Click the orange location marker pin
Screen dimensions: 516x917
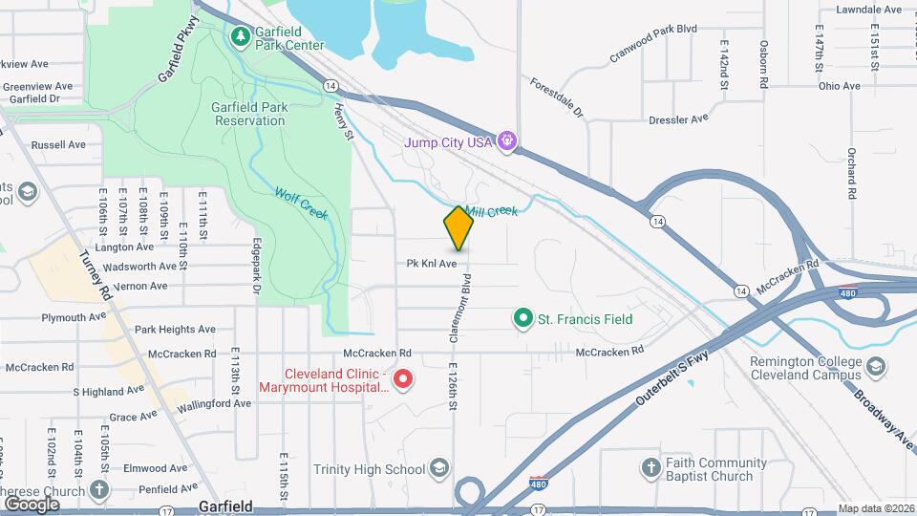point(458,228)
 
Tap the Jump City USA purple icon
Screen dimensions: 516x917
point(507,142)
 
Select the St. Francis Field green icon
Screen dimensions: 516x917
point(522,318)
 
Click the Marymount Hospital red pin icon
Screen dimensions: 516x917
point(403,380)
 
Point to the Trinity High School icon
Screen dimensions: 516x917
point(438,468)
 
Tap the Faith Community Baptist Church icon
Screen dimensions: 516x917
point(650,468)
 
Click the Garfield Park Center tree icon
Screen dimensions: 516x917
point(242,37)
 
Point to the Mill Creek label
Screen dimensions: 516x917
point(491,211)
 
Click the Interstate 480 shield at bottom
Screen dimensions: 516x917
point(540,484)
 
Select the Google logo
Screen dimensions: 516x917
point(32,504)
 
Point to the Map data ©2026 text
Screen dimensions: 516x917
point(875,508)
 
